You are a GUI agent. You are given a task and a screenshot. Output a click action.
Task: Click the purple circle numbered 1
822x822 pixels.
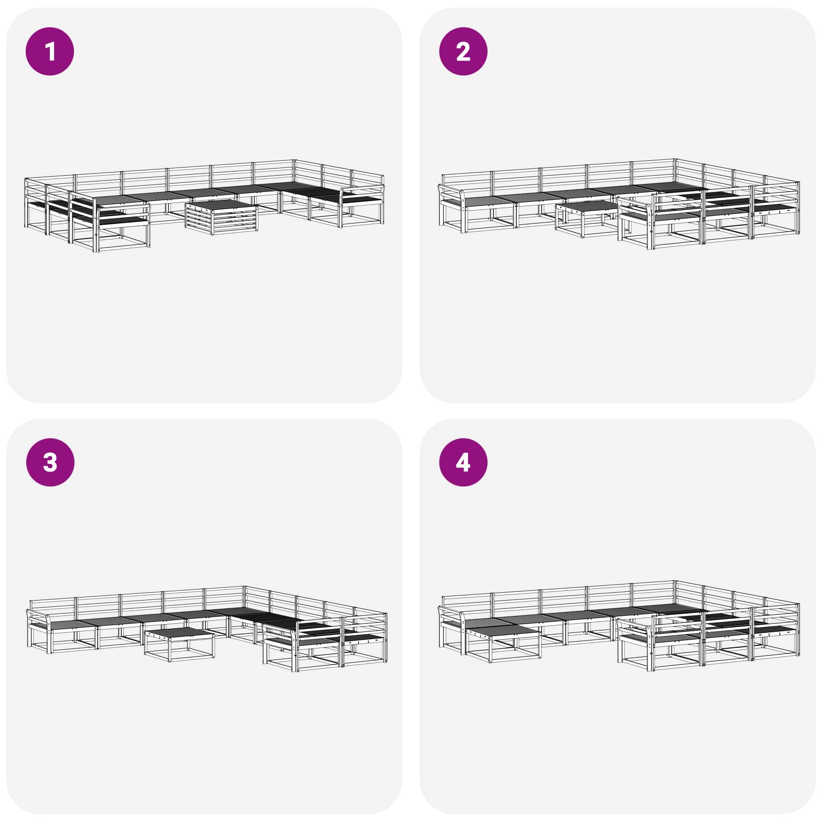tap(50, 51)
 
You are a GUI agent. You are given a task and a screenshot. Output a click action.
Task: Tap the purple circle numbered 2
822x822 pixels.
tap(463, 51)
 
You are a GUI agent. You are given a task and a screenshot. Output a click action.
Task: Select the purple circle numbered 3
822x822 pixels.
tap(50, 462)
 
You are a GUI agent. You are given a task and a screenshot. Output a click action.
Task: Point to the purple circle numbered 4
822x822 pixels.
tap(463, 462)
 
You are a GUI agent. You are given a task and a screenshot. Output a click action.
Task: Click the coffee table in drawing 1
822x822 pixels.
tap(221, 216)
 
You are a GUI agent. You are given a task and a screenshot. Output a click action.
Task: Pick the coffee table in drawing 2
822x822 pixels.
tap(586, 218)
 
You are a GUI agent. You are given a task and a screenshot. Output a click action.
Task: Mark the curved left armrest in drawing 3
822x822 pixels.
tap(39, 615)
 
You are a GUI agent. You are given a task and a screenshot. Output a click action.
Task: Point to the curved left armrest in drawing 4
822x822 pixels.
tap(451, 613)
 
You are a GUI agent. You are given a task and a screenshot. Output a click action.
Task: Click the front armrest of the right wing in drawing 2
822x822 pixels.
tap(637, 203)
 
